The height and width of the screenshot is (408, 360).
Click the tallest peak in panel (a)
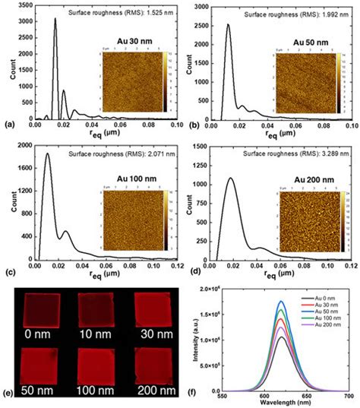(55, 20)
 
